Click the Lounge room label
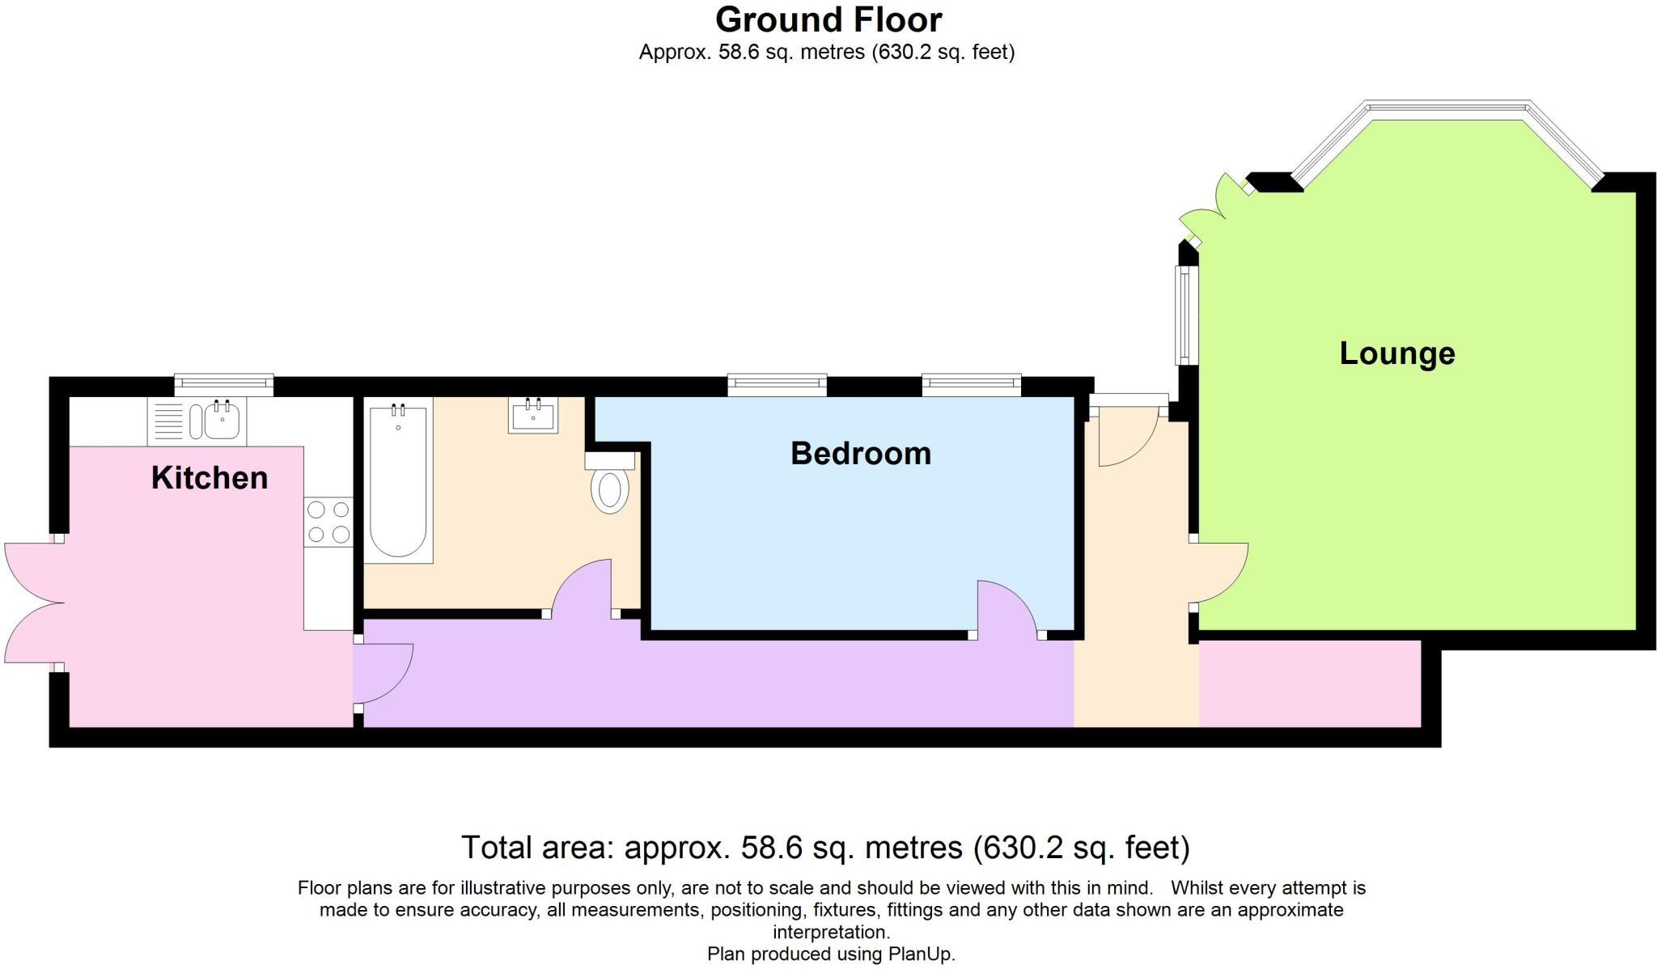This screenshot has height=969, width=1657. (1397, 353)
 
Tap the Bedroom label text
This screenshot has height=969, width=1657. (861, 454)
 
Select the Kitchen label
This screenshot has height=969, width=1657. (210, 478)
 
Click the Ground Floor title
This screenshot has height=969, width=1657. (828, 19)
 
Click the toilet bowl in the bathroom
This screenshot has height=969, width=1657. (610, 489)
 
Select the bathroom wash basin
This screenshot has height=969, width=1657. (533, 416)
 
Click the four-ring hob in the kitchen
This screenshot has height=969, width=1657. (328, 522)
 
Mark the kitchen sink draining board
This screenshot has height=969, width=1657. (168, 421)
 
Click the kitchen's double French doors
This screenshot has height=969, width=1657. (32, 603)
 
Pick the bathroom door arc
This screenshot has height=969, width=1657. (581, 586)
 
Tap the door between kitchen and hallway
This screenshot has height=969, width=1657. (385, 673)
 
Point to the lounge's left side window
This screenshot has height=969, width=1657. (1184, 315)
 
